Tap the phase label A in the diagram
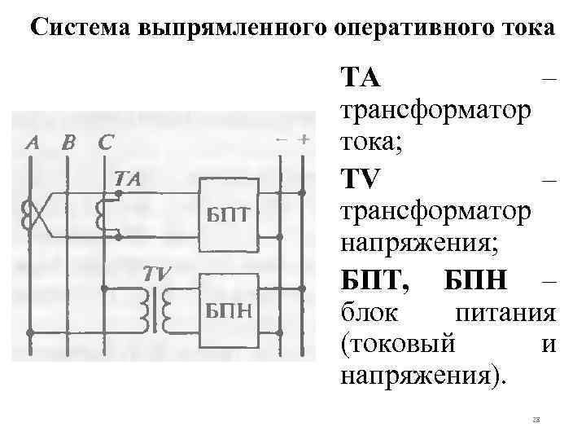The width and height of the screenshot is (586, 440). [32, 143]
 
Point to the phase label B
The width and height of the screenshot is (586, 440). [68, 143]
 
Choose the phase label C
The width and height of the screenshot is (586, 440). [105, 143]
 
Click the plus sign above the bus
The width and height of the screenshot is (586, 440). [303, 139]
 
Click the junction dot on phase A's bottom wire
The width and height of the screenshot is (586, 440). [29, 332]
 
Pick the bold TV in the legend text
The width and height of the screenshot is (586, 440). [360, 178]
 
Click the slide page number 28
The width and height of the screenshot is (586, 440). [535, 420]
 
